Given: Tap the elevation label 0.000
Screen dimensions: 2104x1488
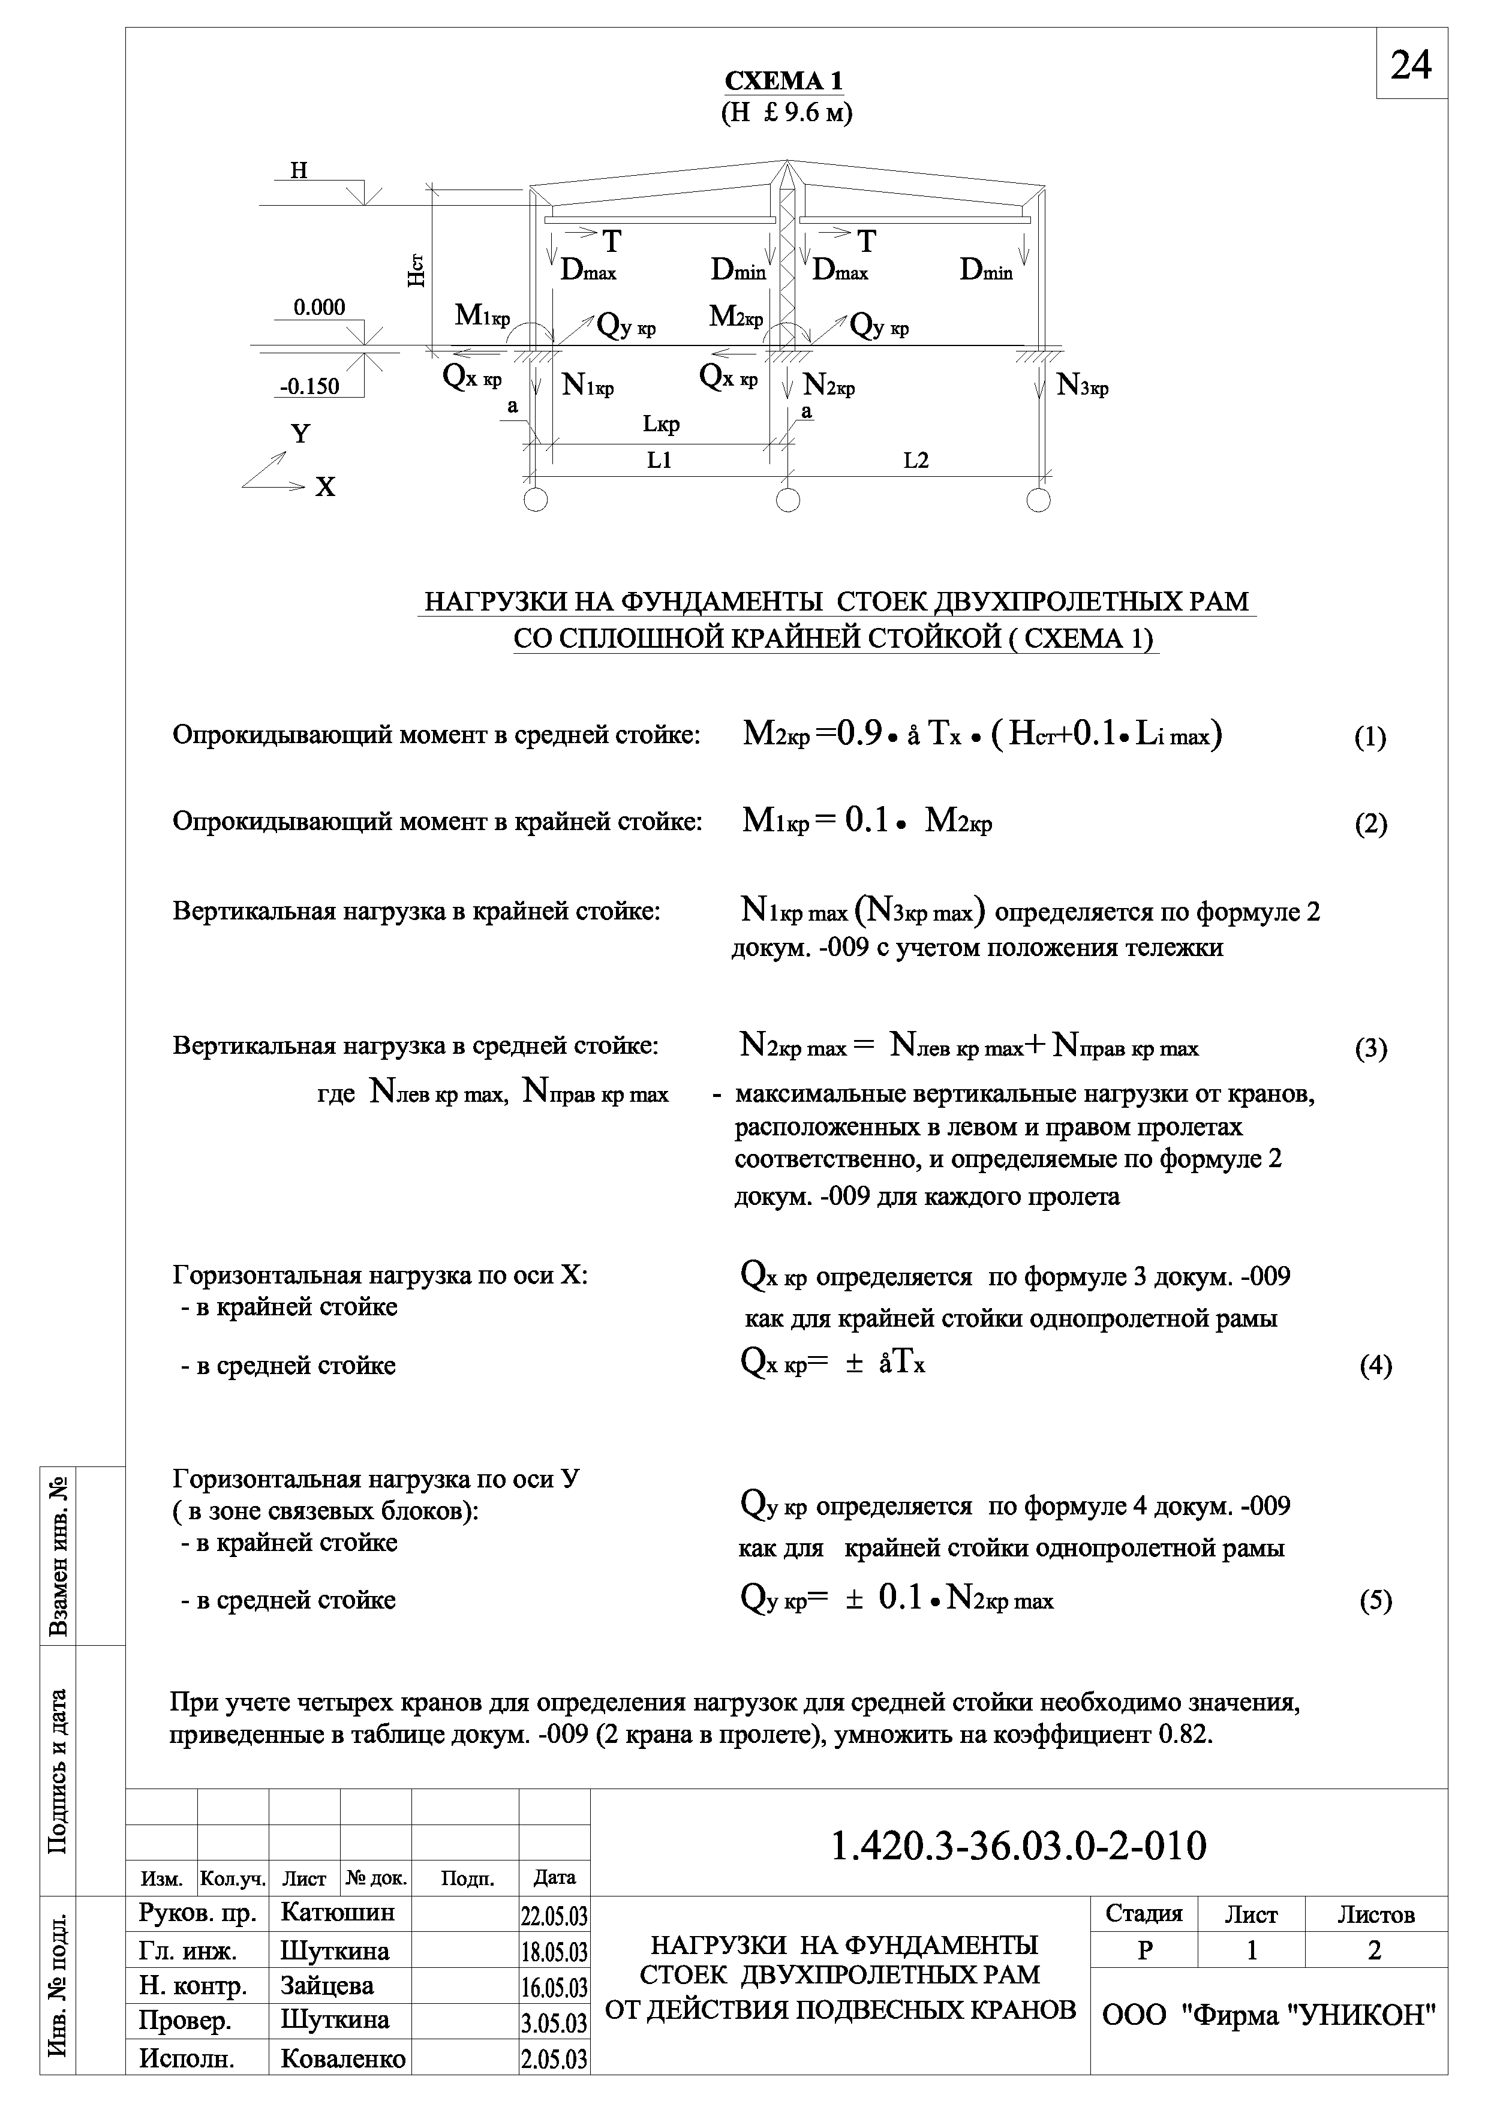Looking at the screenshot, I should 319,308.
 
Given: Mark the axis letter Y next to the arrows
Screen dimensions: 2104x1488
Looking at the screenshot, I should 300,434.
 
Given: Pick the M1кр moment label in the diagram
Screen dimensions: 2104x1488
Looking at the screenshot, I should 482,316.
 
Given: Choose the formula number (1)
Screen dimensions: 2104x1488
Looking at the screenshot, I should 1370,738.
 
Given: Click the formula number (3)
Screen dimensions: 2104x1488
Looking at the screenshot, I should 1370,1049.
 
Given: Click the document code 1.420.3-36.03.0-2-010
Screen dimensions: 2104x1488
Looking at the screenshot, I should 1019,1847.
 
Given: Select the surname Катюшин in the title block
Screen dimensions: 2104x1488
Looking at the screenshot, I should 337,1913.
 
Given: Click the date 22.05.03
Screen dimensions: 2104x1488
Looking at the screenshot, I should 554,1917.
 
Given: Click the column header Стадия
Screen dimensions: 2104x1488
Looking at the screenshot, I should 1144,1914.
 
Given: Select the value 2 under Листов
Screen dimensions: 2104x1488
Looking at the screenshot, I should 1375,1951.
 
